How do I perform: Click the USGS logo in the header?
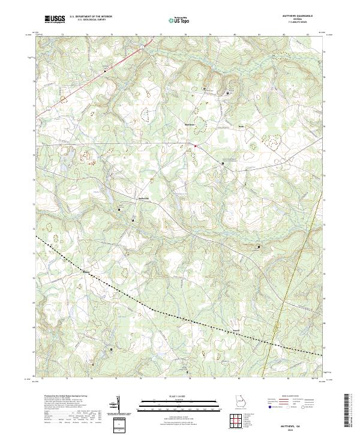click(55, 19)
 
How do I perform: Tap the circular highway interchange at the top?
click(142, 45)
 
